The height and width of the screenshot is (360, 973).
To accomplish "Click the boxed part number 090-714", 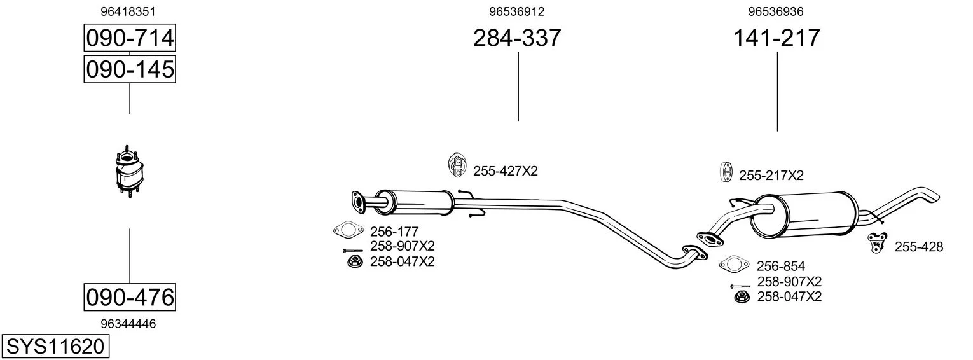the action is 130,38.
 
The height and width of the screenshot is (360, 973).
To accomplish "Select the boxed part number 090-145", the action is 130,69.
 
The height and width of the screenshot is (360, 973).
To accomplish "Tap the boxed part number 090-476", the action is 130,298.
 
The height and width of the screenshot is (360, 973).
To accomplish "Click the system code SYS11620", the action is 55,347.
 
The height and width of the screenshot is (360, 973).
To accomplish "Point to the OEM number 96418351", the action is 128,11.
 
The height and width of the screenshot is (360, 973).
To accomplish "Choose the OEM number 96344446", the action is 128,324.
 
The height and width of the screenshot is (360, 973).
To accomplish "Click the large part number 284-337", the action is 517,38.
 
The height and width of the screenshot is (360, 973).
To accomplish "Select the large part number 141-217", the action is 776,38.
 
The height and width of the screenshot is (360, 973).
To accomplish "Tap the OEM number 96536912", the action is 517,11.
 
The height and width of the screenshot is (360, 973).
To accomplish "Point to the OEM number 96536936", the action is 776,11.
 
